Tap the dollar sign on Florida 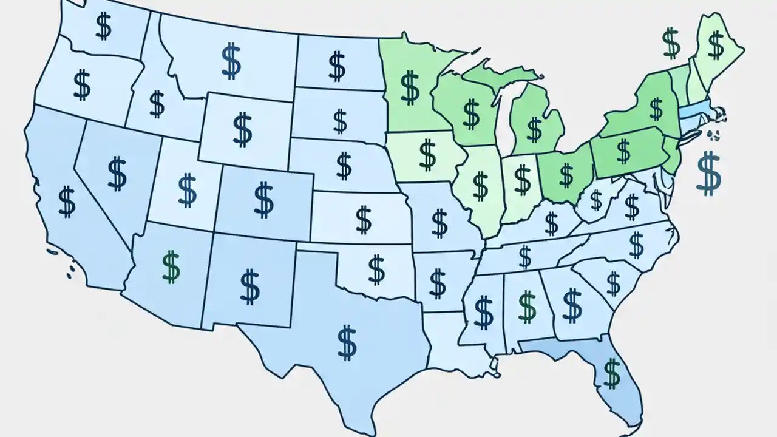[x=612, y=373]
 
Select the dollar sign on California [x=67, y=202]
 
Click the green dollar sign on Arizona [x=172, y=267]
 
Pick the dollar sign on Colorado [x=263, y=201]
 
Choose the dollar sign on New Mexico [x=249, y=287]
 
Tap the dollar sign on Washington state [x=103, y=25]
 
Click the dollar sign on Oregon [x=81, y=84]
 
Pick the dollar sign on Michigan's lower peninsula [x=534, y=128]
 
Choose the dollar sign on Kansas [x=363, y=219]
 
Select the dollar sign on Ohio [x=566, y=175]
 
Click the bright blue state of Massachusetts [x=694, y=111]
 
